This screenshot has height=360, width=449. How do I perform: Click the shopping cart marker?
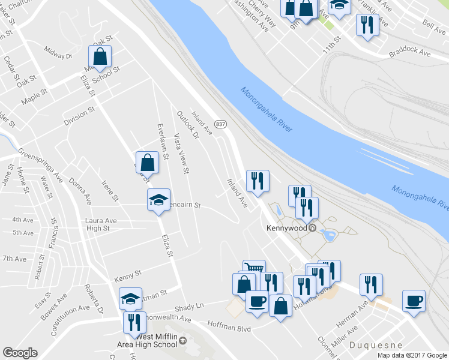[x=254, y=269]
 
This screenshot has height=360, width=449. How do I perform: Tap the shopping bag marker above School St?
[x=100, y=57]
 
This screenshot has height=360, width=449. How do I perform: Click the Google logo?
[x=20, y=353]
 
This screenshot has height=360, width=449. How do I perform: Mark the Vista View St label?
[x=181, y=155]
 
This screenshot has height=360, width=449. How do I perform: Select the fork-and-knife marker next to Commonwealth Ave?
[x=134, y=322]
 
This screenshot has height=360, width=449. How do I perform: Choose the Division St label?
[x=79, y=116]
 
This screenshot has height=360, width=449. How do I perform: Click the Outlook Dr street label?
[x=188, y=124]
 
